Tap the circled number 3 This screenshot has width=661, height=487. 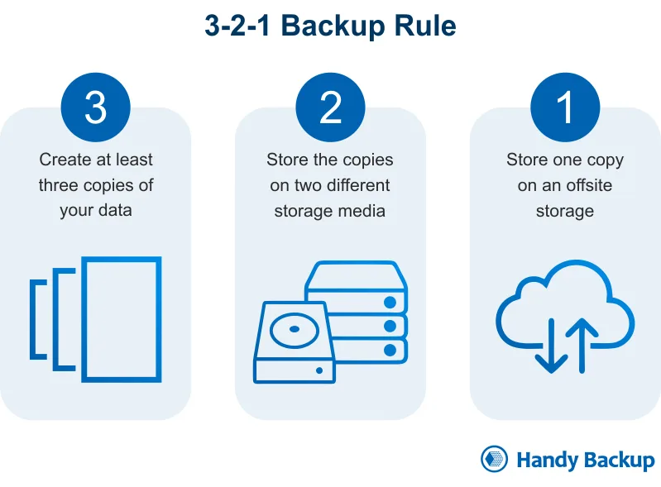point(96,108)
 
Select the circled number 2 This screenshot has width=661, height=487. point(330,108)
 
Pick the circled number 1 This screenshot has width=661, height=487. point(565,108)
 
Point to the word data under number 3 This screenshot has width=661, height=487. point(113,210)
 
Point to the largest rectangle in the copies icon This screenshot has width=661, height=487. point(122,318)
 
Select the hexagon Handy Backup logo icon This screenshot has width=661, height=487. point(494,460)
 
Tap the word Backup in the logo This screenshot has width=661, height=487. point(616,461)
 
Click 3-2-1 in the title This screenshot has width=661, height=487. point(237,26)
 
